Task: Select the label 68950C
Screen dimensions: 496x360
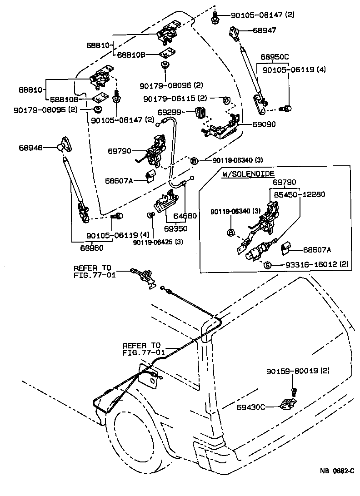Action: click(275, 57)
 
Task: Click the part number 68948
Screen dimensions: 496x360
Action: click(31, 147)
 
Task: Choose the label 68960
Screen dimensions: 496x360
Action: click(92, 248)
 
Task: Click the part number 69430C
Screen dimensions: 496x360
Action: click(251, 407)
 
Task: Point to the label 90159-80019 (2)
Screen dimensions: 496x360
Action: click(297, 371)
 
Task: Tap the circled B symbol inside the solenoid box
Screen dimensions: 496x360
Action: click(230, 233)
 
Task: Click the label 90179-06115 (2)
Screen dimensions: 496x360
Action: click(175, 99)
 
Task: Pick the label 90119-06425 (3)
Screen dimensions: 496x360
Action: click(158, 242)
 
